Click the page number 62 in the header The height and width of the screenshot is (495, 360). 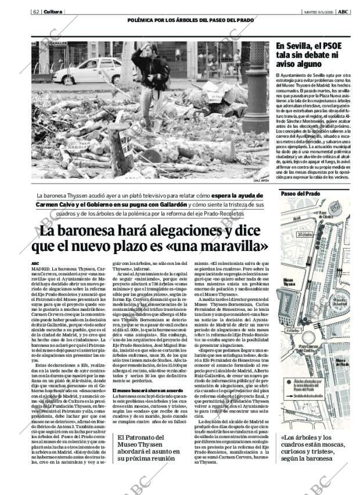coord(35,12)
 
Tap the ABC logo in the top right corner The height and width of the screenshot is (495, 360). coord(343,12)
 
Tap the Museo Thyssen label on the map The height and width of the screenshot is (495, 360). coord(290,282)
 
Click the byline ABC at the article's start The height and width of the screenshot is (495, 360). coord(36,264)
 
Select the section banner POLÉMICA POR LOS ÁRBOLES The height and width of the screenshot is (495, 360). coord(182,20)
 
